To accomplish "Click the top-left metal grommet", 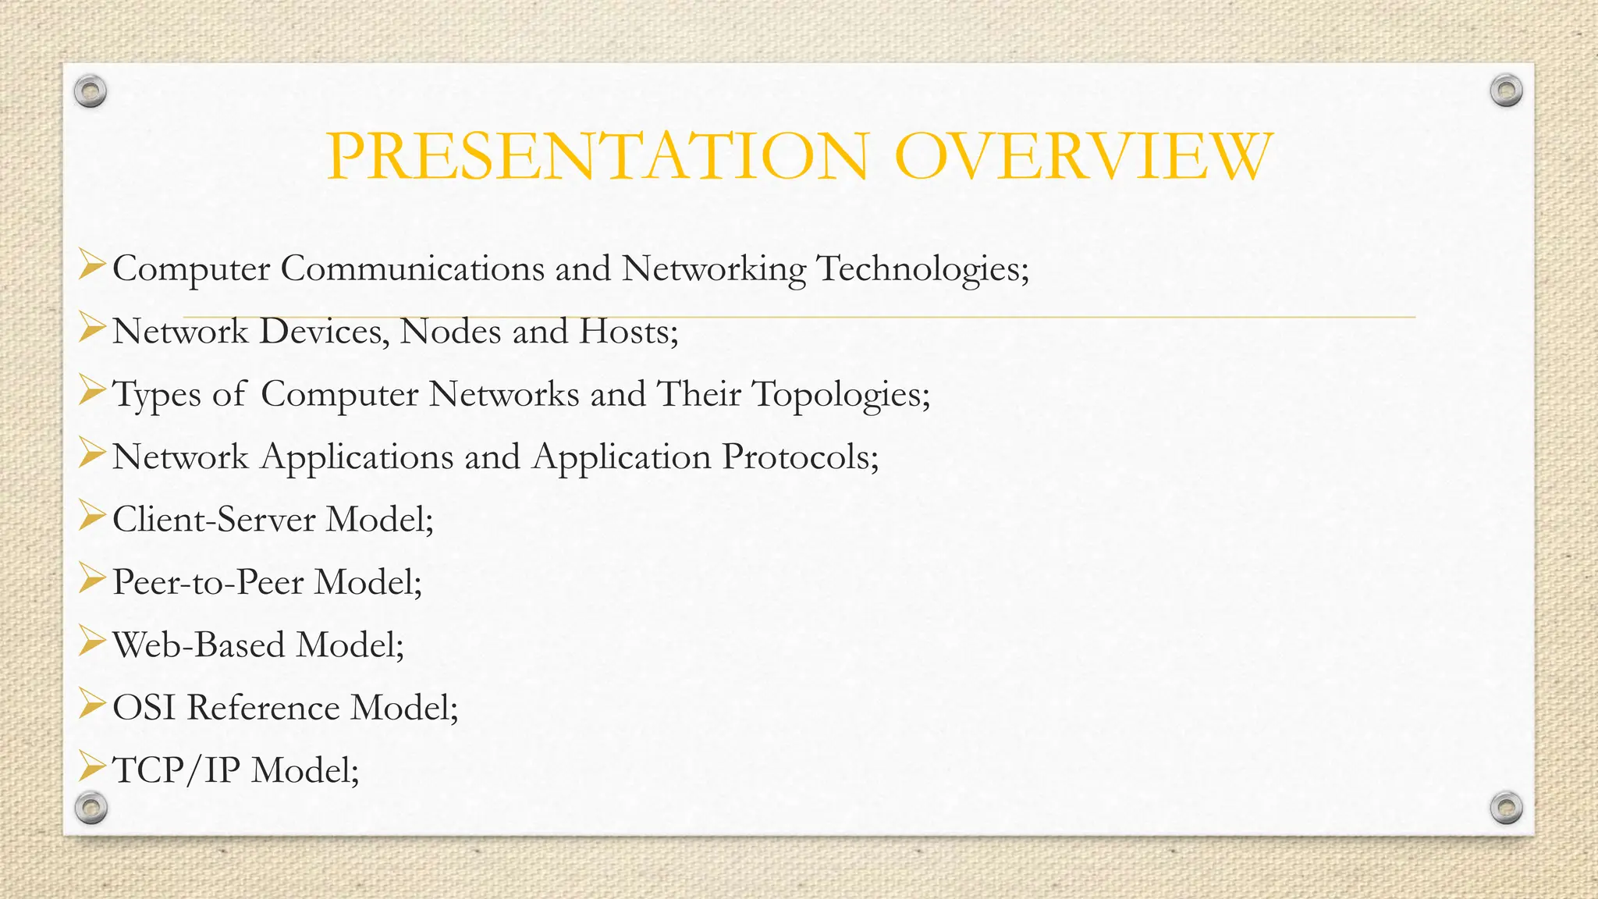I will coord(91,92).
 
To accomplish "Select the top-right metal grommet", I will coord(1506,91).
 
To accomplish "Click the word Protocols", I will coord(801,457).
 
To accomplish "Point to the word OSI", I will coord(144,708).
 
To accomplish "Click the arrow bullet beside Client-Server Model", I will coord(91,516).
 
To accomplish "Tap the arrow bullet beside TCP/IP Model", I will coord(91,767).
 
